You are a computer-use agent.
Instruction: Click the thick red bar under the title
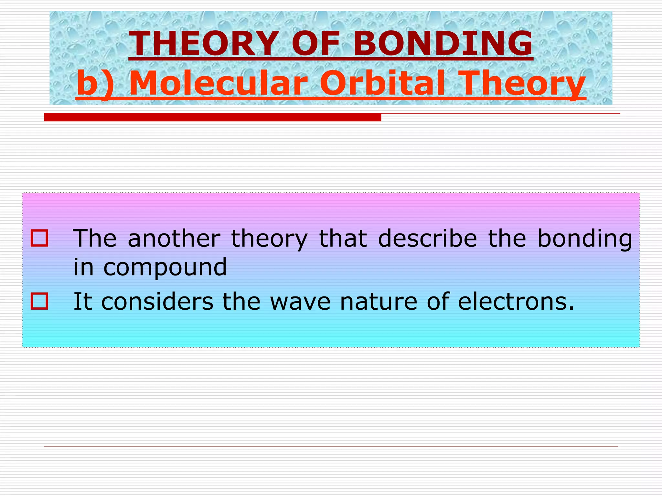212,117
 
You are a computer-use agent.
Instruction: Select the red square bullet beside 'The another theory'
39,238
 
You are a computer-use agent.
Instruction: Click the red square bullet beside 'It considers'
39,301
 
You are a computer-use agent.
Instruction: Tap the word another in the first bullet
174,239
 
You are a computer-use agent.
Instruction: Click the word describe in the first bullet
427,239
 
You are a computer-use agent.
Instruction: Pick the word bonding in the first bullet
585,239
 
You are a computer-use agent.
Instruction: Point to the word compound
165,268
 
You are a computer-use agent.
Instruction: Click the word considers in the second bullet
157,302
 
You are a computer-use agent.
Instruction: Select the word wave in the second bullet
300,302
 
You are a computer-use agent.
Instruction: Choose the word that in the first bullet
343,239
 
